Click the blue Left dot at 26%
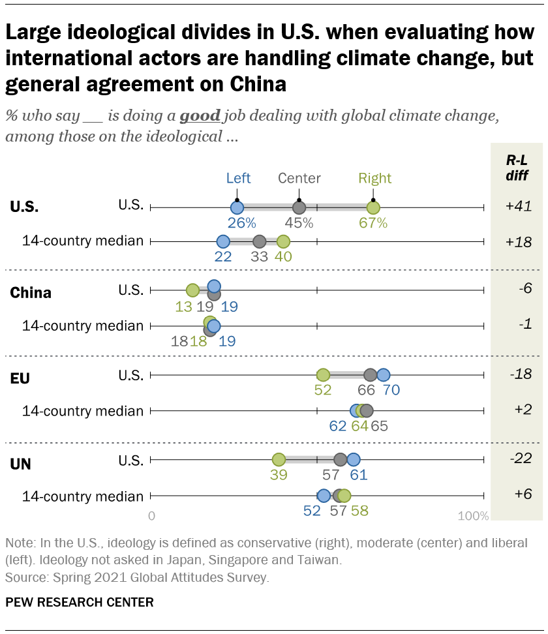(237, 207)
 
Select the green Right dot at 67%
(373, 207)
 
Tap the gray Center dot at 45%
(299, 207)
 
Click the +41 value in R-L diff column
(519, 206)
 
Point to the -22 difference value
(519, 459)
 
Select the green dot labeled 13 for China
(192, 290)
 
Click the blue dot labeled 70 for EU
(383, 375)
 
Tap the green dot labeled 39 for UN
(279, 459)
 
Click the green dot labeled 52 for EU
(323, 375)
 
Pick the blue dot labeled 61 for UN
(353, 459)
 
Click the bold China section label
(31, 293)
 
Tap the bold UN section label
(21, 464)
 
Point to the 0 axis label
(152, 516)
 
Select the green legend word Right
(375, 178)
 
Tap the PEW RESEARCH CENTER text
(80, 602)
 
